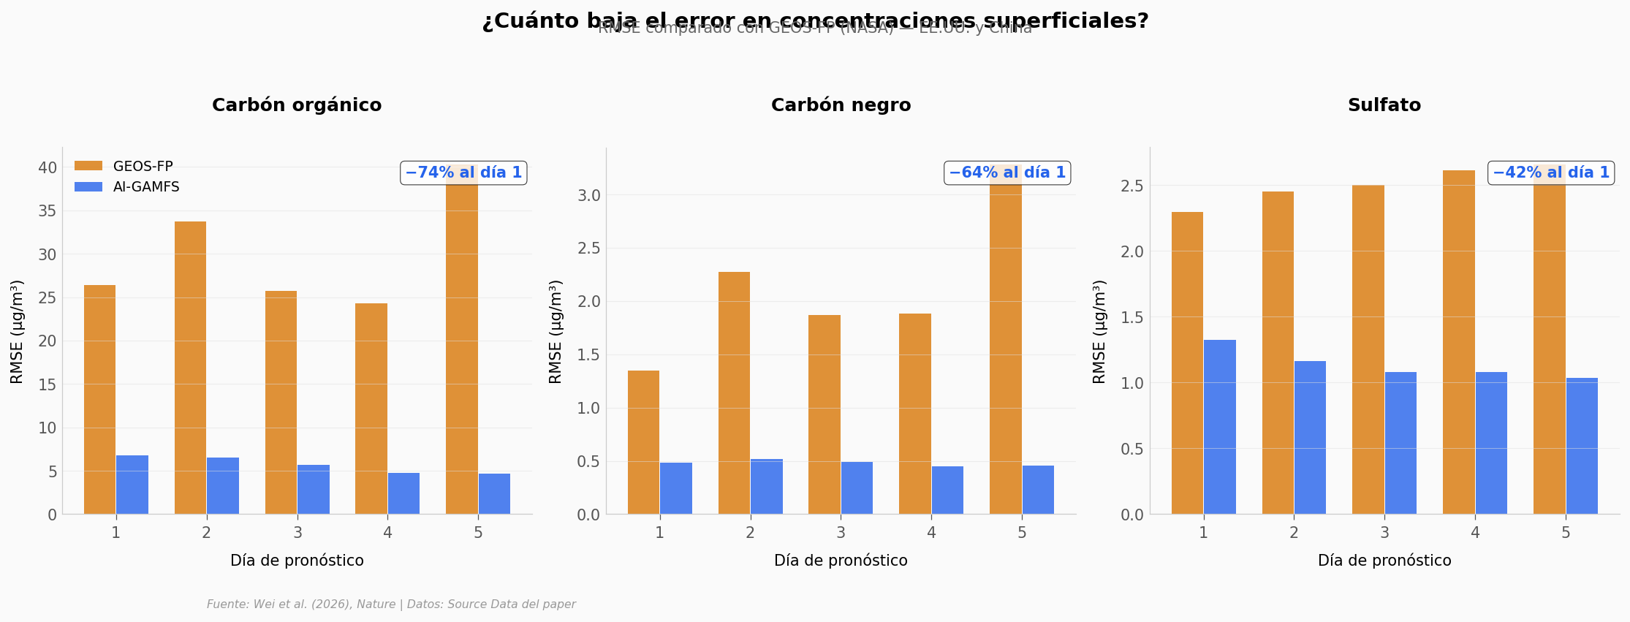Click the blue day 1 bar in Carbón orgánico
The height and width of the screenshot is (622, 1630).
click(132, 485)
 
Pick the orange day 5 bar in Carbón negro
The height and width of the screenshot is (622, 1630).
click(1006, 344)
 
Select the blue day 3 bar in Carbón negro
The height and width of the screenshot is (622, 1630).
click(857, 488)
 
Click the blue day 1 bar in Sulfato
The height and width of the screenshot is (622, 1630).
click(1220, 427)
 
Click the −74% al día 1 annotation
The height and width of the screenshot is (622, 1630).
click(463, 173)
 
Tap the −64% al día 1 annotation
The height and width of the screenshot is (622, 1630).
click(1007, 173)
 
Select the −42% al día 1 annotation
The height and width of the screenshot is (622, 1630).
click(1551, 173)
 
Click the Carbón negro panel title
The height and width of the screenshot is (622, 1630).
click(841, 105)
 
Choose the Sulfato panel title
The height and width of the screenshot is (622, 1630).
click(1384, 105)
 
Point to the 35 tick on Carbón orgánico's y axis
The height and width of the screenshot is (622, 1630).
click(48, 211)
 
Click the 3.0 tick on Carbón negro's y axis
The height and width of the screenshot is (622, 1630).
click(588, 195)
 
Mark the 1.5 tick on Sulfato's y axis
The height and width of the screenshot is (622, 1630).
click(1132, 317)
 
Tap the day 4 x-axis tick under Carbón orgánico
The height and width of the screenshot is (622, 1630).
click(387, 533)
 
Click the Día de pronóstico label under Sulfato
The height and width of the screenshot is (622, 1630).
click(1384, 561)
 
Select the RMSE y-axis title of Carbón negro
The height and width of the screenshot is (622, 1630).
click(556, 331)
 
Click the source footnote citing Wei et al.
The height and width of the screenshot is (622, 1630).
click(391, 604)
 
